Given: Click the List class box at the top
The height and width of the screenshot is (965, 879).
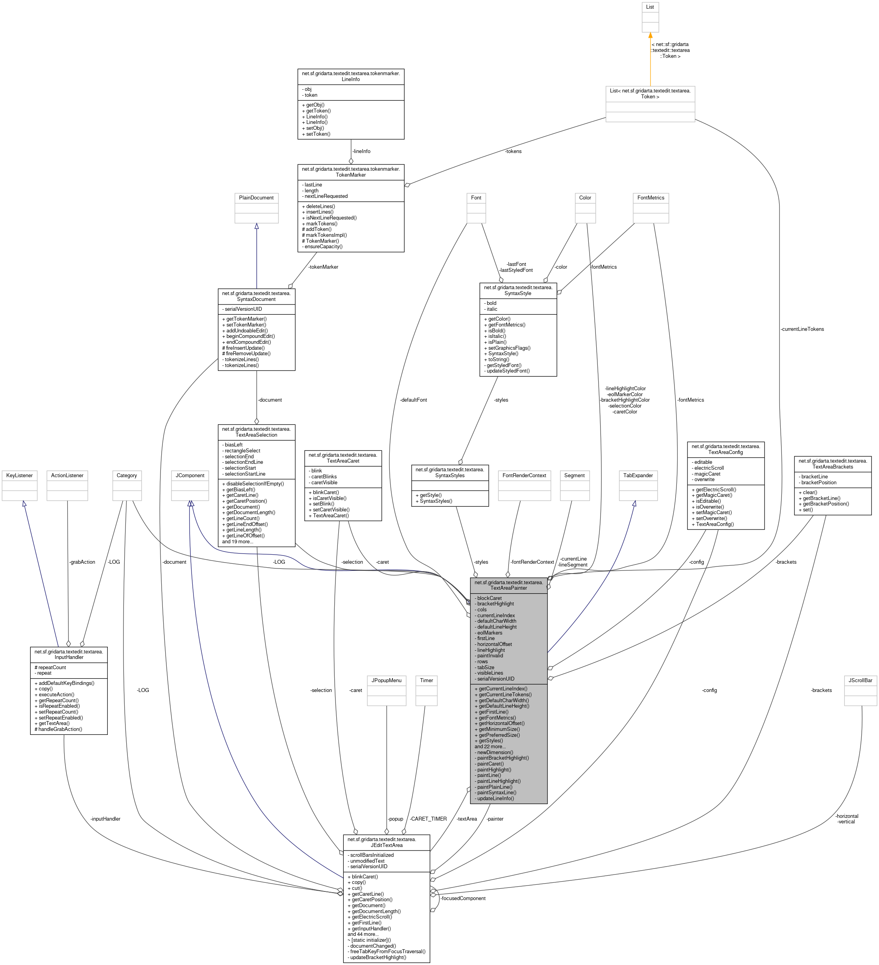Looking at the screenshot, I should tap(650, 17).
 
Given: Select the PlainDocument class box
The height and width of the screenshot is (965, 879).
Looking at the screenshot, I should tap(256, 208).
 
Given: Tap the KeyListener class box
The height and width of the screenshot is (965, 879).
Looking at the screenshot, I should tap(19, 485).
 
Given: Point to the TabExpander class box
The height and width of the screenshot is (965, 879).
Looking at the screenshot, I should tap(638, 485).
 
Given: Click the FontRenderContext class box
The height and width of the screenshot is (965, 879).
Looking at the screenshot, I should tap(524, 485).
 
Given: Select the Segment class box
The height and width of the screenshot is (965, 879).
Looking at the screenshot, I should tap(574, 485).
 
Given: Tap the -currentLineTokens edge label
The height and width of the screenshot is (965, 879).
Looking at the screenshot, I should tap(802, 329).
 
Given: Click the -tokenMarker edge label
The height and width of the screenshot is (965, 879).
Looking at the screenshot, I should tap(323, 267).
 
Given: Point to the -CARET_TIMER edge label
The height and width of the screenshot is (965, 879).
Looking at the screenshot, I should tap(428, 819).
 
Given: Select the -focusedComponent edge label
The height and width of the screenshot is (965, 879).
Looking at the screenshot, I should tap(463, 899).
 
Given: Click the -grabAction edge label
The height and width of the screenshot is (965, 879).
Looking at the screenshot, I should tap(82, 562).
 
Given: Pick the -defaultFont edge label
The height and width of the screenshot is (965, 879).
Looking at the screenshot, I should tap(413, 400).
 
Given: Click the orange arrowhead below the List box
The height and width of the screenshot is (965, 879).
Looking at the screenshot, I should tap(650, 35).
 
